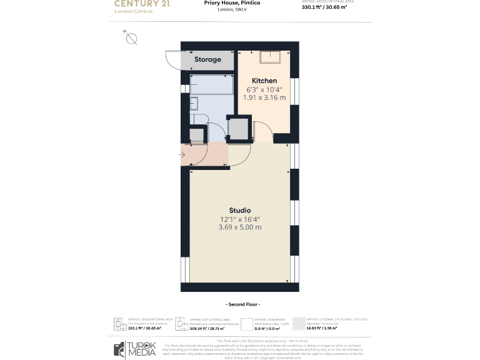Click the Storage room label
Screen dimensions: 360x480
[x=207, y=59]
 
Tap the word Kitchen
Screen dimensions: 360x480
[x=264, y=81]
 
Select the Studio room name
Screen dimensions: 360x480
[x=239, y=210]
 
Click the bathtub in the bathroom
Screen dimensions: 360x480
[x=211, y=84]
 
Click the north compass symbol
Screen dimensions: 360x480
[x=131, y=38]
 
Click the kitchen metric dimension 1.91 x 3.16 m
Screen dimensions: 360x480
[x=264, y=97]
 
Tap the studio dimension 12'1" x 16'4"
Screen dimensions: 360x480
[x=239, y=219]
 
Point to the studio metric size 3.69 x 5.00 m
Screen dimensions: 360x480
[x=239, y=227]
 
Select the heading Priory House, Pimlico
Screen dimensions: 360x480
[x=232, y=3]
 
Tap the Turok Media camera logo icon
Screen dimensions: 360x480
[x=119, y=349]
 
